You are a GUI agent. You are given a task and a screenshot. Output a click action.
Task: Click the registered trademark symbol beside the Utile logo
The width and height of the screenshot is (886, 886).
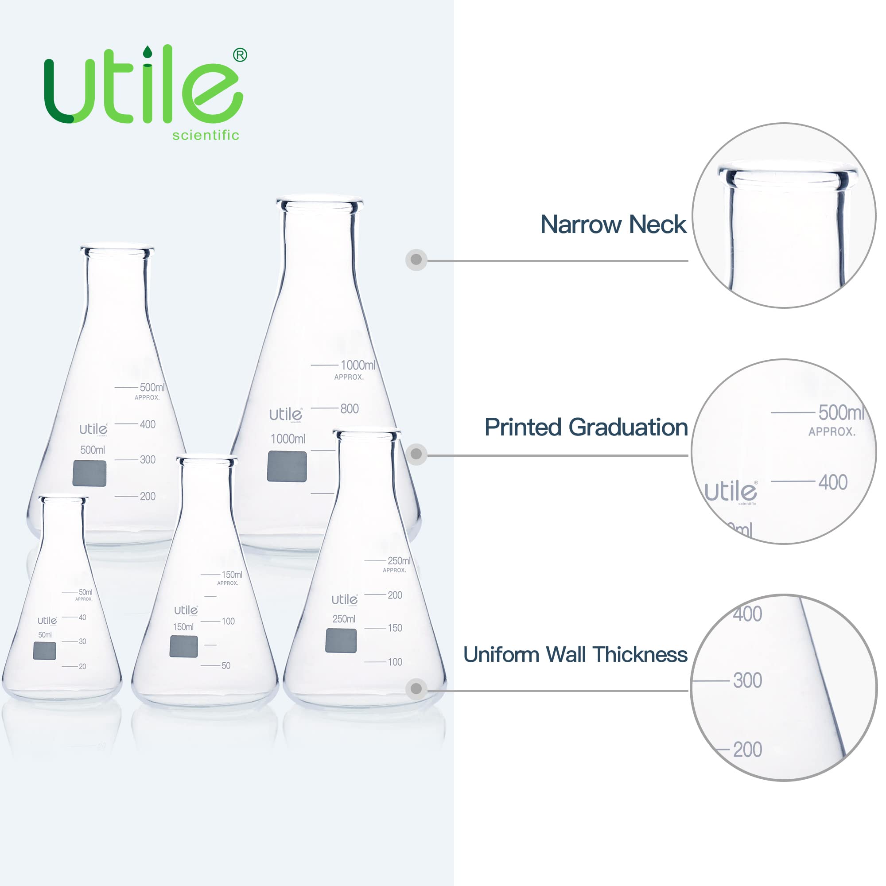coord(240,55)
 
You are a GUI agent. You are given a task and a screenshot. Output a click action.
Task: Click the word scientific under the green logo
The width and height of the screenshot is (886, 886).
coord(206,135)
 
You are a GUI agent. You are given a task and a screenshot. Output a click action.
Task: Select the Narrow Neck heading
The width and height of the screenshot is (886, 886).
coord(613,225)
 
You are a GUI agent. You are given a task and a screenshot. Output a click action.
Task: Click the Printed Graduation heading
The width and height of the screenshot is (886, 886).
coord(586,427)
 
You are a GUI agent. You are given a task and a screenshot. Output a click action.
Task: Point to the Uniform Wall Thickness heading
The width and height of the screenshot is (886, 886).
coord(575,655)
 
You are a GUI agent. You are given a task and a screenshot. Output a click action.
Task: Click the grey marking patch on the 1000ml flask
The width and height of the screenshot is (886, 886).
coord(287,466)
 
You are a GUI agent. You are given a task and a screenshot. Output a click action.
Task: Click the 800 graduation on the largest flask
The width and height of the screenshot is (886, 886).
coord(350,408)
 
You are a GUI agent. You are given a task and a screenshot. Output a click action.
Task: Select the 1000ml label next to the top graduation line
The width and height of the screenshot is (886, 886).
coord(358,365)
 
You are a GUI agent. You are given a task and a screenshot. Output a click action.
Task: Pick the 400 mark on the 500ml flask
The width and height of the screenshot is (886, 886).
coord(148,425)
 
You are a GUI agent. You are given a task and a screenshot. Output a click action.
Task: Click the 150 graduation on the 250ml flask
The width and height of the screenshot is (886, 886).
coord(395,628)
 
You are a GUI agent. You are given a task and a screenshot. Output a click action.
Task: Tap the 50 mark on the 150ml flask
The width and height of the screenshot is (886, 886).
coord(226,666)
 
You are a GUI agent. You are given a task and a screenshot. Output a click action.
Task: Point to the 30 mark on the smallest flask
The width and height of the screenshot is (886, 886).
coord(82,641)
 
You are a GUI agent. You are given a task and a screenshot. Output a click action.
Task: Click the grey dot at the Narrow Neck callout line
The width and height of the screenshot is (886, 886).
coord(416,260)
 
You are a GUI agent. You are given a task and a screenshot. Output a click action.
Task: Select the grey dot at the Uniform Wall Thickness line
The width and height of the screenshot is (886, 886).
coord(416,689)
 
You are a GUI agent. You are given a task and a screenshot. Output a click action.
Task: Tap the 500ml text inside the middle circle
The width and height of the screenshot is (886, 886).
coord(841,413)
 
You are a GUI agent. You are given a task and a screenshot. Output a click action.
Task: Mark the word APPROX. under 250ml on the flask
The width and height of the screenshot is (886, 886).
coord(394,571)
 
